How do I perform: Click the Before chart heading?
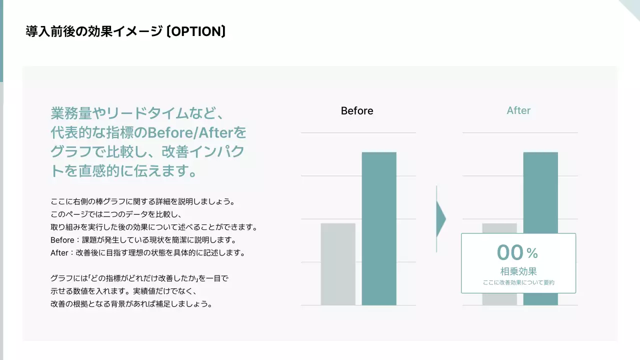coord(357,110)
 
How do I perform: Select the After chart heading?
coord(518,110)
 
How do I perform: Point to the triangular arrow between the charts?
coord(440,218)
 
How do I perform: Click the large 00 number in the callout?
coord(509,252)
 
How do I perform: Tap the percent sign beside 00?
coord(532,254)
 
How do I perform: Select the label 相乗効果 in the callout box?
coord(518,271)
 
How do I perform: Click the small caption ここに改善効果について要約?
coord(518,282)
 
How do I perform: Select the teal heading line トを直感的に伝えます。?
coord(123,171)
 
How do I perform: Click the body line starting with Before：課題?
coord(142,240)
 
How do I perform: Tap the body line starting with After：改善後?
coord(147,252)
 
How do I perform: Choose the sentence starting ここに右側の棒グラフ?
coord(142,201)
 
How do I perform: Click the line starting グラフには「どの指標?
coord(139,278)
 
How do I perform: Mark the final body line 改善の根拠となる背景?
coord(131,303)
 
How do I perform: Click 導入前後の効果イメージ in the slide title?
coord(93,32)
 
